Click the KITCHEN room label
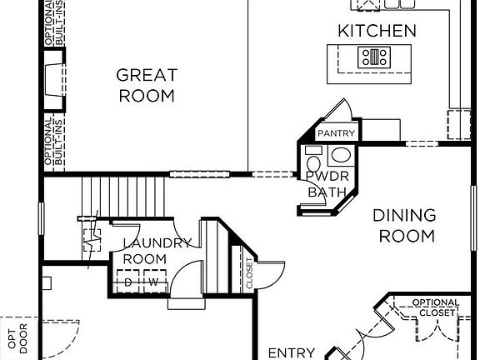point(377,32)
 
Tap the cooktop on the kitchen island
point(373,57)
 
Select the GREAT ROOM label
point(147,85)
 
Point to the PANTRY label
point(337,133)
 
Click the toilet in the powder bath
point(314,158)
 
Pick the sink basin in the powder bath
point(341,155)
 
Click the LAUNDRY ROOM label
point(157,251)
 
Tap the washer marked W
point(153,283)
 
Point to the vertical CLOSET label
point(249,273)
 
